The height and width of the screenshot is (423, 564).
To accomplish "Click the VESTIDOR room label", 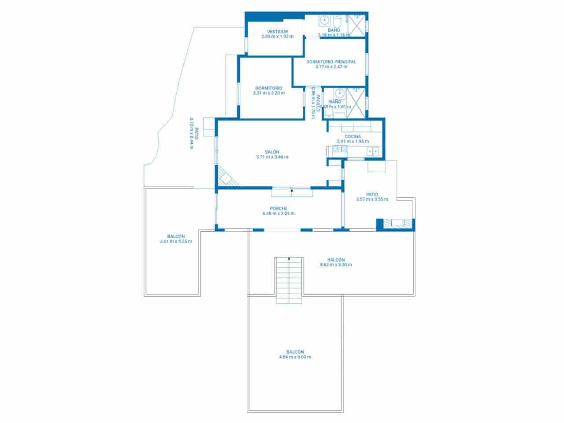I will tap(277, 32).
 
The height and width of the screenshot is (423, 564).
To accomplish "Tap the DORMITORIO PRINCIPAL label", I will tap(331, 62).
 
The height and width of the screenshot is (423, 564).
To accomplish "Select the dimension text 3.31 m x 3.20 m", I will tap(269, 93).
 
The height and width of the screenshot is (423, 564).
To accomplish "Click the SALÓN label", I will tap(272, 152).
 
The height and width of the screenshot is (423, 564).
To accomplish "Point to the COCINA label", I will tap(352, 137).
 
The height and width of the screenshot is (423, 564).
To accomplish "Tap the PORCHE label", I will tap(278, 208).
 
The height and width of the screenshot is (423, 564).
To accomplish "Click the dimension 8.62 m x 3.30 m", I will tap(336, 265).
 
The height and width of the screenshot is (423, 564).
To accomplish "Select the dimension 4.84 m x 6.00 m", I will tap(295, 357).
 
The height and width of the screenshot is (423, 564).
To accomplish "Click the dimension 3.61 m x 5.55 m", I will tap(176, 241).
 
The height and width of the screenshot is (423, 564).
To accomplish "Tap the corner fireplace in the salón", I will tap(226, 177).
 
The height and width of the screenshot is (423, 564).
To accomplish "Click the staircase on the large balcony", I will tap(289, 280).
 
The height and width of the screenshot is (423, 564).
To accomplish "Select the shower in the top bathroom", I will tap(359, 24).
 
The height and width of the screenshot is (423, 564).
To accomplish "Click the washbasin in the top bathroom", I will tap(325, 20).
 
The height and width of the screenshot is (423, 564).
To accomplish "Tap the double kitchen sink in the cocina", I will tap(373, 151).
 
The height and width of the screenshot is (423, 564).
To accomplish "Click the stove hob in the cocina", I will tap(340, 149).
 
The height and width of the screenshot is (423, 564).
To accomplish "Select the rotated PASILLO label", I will tap(317, 103).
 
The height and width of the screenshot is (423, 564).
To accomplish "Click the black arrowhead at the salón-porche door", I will tap(292, 190).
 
